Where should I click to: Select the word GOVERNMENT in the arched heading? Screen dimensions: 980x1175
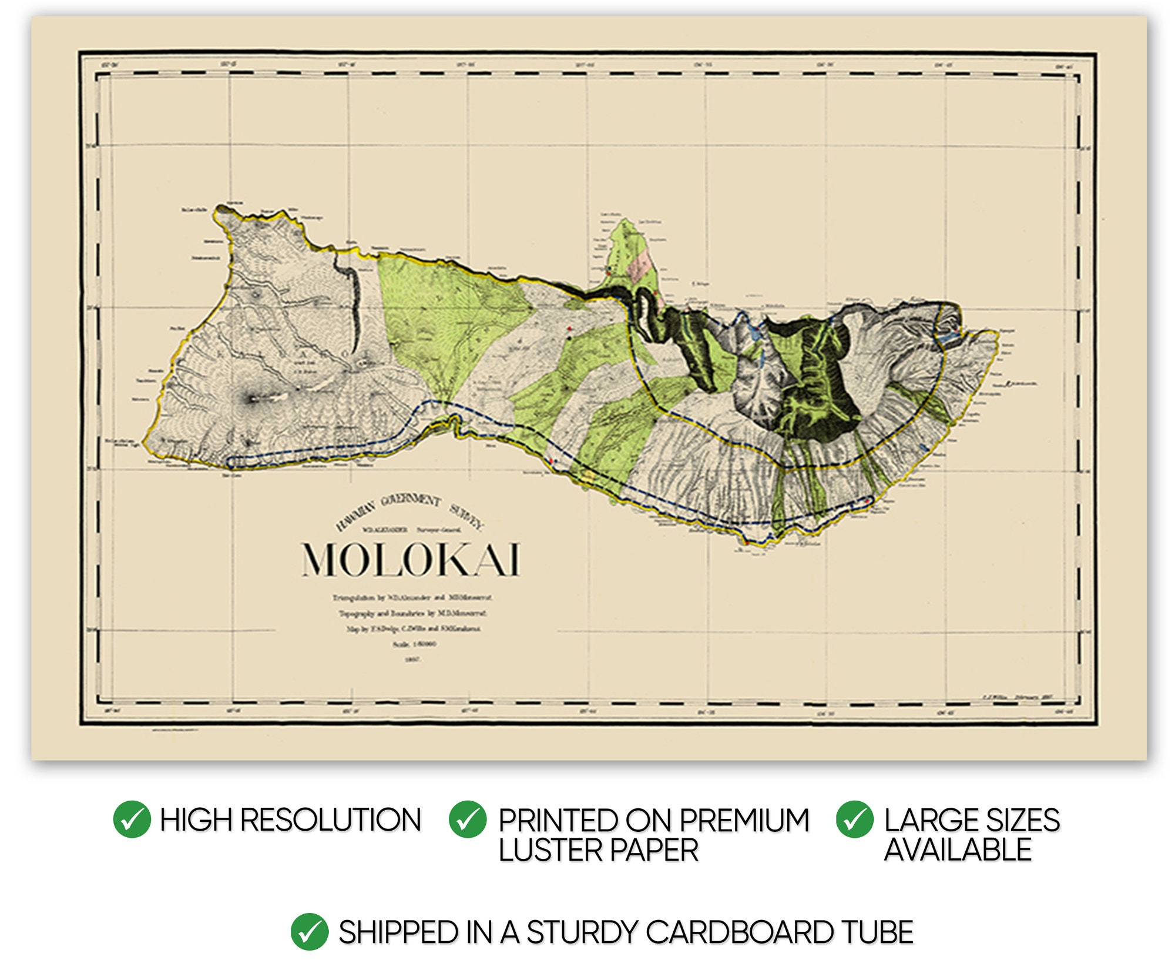(410, 500)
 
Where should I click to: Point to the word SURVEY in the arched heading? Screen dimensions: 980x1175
(467, 516)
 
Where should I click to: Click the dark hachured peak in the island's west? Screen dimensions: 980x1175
(253, 399)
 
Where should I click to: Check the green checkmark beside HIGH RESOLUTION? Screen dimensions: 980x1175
(132, 819)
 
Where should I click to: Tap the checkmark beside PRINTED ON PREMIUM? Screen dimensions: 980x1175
(467, 819)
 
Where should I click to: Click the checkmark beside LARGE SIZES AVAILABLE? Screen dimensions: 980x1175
(854, 819)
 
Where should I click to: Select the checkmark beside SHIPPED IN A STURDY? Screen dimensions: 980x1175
(309, 932)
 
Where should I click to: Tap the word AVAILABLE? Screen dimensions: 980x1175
(958, 850)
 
